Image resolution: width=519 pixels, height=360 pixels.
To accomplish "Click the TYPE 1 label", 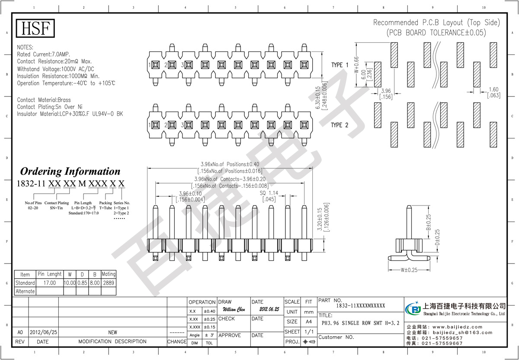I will [x=340, y=65].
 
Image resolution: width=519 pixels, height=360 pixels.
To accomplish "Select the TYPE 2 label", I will [x=340, y=125].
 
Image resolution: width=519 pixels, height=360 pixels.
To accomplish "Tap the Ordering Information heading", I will [x=70, y=171].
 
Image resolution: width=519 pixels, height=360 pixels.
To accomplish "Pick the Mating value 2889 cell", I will [x=108, y=283].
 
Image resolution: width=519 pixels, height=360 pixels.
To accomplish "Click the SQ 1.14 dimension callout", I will [x=269, y=193].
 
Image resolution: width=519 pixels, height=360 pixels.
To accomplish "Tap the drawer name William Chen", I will [x=234, y=310].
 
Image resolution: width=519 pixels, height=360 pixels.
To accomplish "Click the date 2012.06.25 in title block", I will [x=269, y=310].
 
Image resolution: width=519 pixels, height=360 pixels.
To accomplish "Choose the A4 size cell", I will [x=309, y=322].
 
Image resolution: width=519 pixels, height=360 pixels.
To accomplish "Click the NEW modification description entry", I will [x=112, y=332].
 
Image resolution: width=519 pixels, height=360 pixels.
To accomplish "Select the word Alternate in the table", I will [x=25, y=291].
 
